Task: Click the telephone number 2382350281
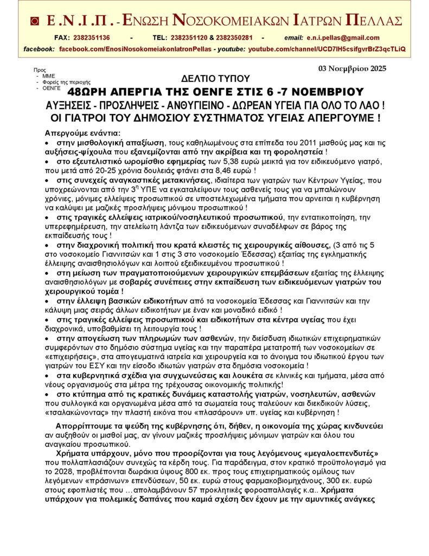(x=237, y=37)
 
